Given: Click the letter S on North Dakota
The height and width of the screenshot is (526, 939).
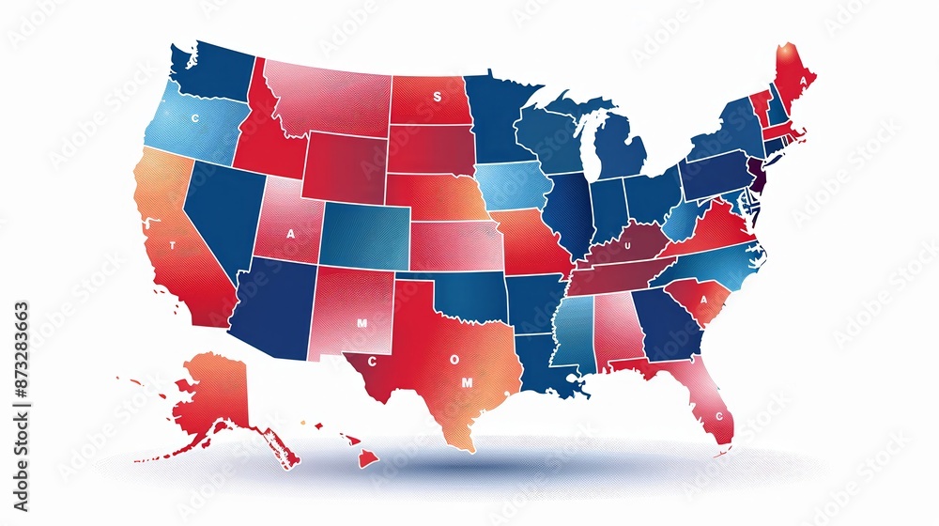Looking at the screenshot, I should pos(436,96).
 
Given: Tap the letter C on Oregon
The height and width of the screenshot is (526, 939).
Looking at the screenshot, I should pos(195,118).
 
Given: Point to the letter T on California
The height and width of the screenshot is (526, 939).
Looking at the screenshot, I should pos(172,245).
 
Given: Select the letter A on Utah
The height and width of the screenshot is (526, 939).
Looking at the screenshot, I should pos(290,233).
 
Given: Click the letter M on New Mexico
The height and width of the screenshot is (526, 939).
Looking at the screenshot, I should pos(362,322).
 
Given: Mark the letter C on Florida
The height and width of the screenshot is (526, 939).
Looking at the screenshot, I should pos(719,415).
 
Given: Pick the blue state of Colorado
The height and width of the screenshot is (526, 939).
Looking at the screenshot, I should pos(364,234).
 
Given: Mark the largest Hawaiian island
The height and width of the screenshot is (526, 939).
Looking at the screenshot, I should pos(366,458).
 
